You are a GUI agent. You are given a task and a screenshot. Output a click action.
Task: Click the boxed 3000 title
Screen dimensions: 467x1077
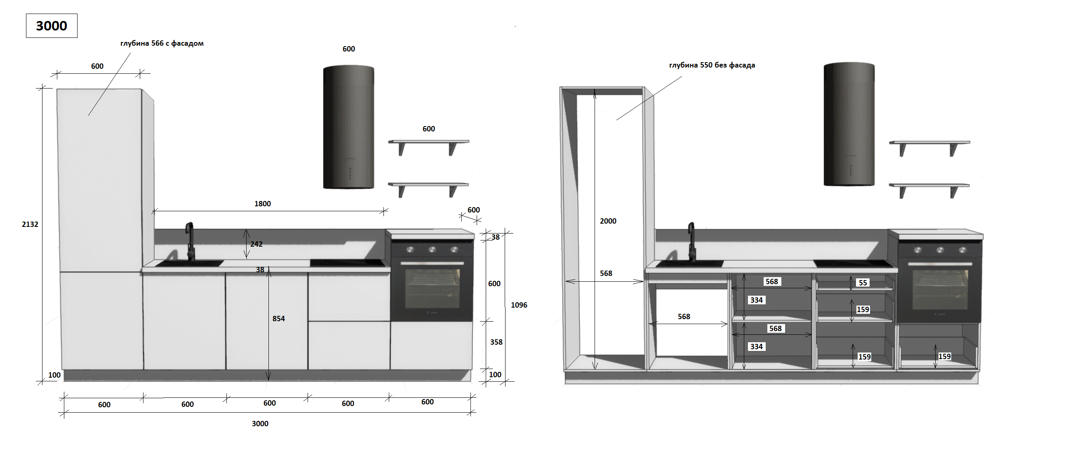52,26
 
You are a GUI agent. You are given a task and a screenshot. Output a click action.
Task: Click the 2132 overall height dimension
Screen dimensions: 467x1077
30,224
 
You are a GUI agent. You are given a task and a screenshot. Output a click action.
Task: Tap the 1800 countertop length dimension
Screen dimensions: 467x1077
263,204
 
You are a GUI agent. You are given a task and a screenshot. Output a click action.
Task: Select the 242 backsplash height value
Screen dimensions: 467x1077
256,244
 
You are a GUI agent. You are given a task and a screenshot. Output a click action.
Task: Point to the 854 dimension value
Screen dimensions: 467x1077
278,319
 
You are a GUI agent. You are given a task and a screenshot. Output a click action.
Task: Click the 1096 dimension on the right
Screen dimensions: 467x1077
519,305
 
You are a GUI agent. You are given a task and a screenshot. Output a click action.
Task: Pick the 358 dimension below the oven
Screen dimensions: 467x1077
496,342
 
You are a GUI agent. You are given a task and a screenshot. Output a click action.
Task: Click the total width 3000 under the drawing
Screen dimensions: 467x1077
260,424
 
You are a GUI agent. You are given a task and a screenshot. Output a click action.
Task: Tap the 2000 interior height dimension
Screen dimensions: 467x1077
608,222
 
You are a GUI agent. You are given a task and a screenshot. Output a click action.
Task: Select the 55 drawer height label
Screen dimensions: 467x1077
863,283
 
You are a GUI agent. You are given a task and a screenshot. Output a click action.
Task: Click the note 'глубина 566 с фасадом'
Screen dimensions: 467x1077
162,43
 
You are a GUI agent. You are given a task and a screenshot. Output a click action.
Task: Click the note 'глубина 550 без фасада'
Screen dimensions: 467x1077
712,65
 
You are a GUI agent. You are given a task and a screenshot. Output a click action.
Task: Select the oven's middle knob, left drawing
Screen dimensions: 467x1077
432,250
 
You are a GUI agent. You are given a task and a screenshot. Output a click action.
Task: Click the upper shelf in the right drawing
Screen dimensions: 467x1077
929,143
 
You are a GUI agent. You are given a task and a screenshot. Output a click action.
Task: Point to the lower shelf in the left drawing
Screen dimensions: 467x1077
428,184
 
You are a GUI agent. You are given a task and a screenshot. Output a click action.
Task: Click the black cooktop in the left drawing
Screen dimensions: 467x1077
348,263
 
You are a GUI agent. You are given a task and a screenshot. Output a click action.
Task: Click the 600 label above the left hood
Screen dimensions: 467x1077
349,49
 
